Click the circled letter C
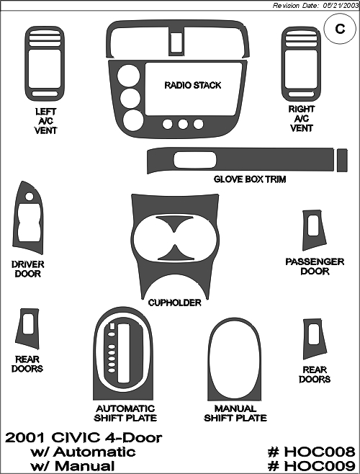click(340, 29)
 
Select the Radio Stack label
click(193, 85)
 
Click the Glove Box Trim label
click(250, 179)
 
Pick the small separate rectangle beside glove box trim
click(342, 160)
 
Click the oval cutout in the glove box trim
click(195, 160)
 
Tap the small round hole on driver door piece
click(30, 197)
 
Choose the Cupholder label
click(175, 303)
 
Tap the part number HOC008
click(311, 452)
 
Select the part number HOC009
click(311, 466)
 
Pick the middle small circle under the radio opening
click(183, 124)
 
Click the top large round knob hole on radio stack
click(128, 75)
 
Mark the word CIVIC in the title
click(76, 438)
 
